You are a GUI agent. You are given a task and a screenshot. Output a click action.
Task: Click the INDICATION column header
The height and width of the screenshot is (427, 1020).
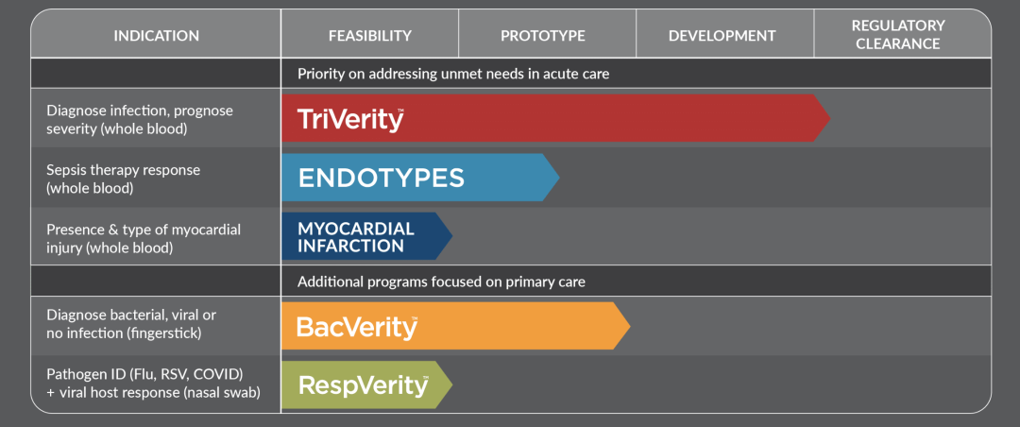[156, 35]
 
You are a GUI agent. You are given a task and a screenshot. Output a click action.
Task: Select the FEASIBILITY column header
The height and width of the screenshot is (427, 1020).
[370, 35]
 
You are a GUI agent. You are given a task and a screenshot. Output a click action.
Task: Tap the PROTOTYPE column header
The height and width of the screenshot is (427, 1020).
[542, 35]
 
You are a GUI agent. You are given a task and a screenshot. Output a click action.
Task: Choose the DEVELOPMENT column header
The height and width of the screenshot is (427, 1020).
[722, 35]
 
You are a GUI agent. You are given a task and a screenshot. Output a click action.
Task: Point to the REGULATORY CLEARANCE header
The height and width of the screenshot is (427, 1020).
[898, 35]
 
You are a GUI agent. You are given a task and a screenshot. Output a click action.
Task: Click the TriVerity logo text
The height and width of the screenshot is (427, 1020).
[350, 119]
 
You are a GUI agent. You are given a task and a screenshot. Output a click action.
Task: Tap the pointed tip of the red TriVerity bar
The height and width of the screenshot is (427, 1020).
[830, 118]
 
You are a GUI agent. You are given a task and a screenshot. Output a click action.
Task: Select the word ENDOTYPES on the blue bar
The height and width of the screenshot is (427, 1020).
[382, 178]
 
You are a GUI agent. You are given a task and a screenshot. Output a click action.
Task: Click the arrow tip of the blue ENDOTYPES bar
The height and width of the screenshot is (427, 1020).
[559, 177]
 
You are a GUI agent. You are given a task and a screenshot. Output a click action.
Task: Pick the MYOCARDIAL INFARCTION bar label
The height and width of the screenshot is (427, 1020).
[356, 237]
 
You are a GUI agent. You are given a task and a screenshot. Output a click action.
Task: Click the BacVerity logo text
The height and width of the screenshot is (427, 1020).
[356, 327]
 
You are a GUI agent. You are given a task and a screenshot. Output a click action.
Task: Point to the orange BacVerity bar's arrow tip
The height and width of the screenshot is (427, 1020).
[630, 326]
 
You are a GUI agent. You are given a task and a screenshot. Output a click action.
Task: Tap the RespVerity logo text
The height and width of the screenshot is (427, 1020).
[363, 385]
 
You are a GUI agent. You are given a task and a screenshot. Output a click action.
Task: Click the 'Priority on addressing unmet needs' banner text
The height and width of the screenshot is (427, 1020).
[453, 74]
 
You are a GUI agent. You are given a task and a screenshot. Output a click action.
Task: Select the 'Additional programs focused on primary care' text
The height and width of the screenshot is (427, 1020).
[442, 282]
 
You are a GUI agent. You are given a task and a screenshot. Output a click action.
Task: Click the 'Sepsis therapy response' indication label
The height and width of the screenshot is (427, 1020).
[124, 179]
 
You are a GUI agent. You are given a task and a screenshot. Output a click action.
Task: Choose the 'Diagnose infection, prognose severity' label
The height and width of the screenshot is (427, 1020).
[139, 120]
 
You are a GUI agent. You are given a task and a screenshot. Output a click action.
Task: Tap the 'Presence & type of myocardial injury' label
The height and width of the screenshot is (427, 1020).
[134, 238]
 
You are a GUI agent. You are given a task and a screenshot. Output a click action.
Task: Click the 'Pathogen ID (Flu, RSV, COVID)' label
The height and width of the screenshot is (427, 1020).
[144, 375]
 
